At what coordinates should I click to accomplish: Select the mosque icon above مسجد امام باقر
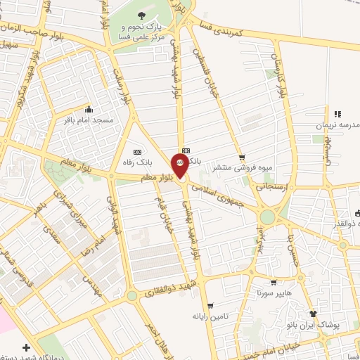coord(89,109)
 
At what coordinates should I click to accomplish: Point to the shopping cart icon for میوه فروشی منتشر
coord(242,157)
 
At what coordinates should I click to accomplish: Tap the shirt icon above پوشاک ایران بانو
coord(314,314)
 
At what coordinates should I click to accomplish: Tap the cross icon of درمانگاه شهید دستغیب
coord(27,347)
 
